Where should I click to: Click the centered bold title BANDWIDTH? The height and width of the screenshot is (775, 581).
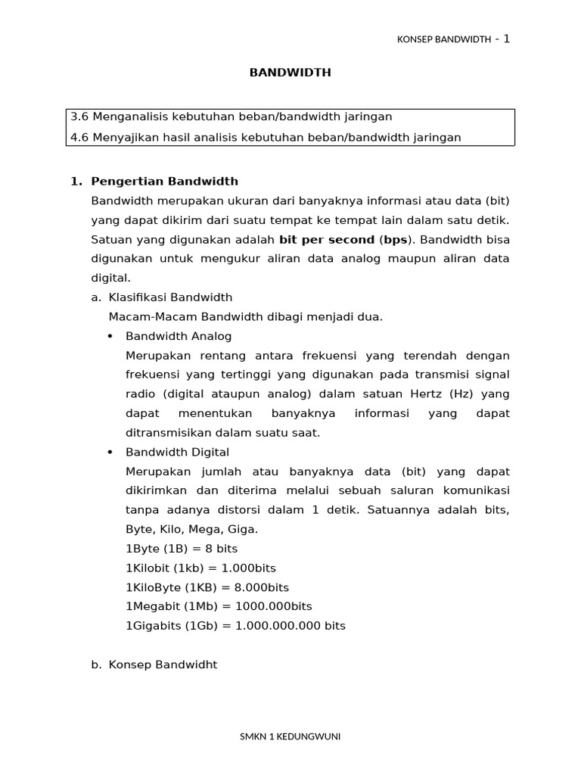click(x=290, y=73)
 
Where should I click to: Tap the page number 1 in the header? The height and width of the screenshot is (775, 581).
click(x=506, y=39)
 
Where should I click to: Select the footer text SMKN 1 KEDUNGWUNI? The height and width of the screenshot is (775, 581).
click(x=290, y=736)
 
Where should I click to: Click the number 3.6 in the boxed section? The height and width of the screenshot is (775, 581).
click(x=79, y=117)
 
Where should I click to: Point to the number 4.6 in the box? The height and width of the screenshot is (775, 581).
click(x=79, y=137)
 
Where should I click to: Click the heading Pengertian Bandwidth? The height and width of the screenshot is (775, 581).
click(x=164, y=181)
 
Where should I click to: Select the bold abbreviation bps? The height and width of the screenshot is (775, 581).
click(x=396, y=239)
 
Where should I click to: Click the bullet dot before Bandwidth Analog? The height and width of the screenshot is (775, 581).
click(x=110, y=336)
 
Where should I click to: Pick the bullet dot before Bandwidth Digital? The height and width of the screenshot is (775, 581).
click(x=110, y=453)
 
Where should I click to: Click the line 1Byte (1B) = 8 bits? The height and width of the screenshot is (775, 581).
click(x=182, y=549)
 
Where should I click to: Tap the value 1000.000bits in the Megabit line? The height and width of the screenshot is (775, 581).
click(x=274, y=606)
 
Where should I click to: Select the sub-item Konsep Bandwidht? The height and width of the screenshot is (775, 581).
click(x=163, y=665)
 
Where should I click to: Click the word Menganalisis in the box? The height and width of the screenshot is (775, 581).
click(x=129, y=117)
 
